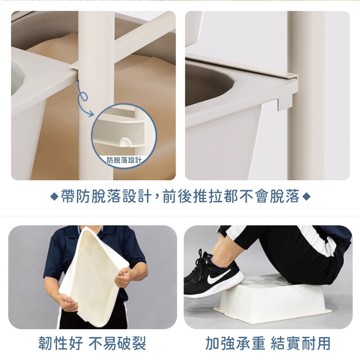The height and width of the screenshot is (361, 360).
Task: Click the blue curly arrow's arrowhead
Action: point(91,114)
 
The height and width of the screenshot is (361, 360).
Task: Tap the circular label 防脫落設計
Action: point(124,160)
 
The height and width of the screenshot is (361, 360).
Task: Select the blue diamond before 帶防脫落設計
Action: point(54,197)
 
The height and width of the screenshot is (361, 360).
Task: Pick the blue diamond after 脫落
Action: point(306,197)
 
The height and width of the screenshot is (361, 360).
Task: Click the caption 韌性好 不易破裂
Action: point(92,343)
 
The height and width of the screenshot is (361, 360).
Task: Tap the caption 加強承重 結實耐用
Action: point(268,343)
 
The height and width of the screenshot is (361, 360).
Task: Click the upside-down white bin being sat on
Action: point(272,299)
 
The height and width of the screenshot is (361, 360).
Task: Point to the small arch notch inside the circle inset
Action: point(125,142)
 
